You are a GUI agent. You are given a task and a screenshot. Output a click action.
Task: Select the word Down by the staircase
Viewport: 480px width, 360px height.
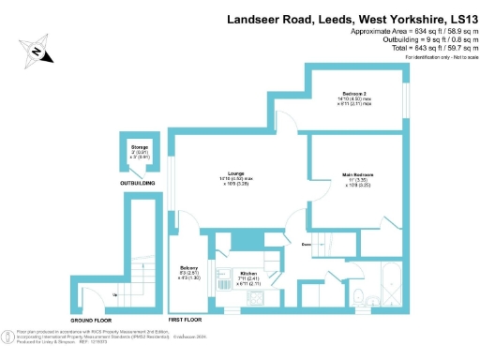307,246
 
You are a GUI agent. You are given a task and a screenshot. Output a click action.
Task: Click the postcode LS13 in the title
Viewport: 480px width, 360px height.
462,20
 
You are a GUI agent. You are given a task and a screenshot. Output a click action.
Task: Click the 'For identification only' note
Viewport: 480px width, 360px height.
438,58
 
